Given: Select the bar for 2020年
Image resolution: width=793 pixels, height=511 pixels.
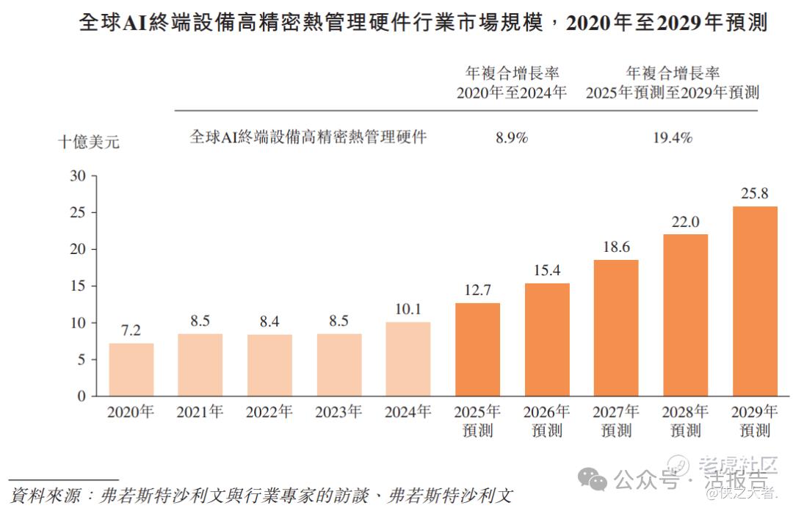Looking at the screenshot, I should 131,369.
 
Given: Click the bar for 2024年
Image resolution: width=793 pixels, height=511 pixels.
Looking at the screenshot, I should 408,359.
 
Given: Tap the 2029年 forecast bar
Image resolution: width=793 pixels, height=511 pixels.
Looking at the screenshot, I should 755,301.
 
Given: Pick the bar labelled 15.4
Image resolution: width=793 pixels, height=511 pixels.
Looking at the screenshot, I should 547,339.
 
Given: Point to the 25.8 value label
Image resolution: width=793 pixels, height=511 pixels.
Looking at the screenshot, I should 755,194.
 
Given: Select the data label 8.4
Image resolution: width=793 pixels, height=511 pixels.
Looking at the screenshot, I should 269,322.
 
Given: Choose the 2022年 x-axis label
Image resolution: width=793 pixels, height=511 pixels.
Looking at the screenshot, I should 269,412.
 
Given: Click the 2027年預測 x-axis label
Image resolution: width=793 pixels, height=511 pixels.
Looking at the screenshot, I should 616,421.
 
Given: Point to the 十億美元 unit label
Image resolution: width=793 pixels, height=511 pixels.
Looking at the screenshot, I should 89,142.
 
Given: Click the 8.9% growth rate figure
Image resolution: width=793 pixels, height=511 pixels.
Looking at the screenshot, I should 512,137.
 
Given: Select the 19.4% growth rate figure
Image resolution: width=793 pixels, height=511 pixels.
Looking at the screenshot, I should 672,137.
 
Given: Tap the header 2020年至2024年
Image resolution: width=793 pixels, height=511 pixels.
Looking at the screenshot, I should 512,93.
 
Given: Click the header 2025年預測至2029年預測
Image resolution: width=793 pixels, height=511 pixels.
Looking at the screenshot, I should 672,93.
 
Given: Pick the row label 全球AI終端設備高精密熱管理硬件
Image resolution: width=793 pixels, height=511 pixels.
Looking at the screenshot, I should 308,137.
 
